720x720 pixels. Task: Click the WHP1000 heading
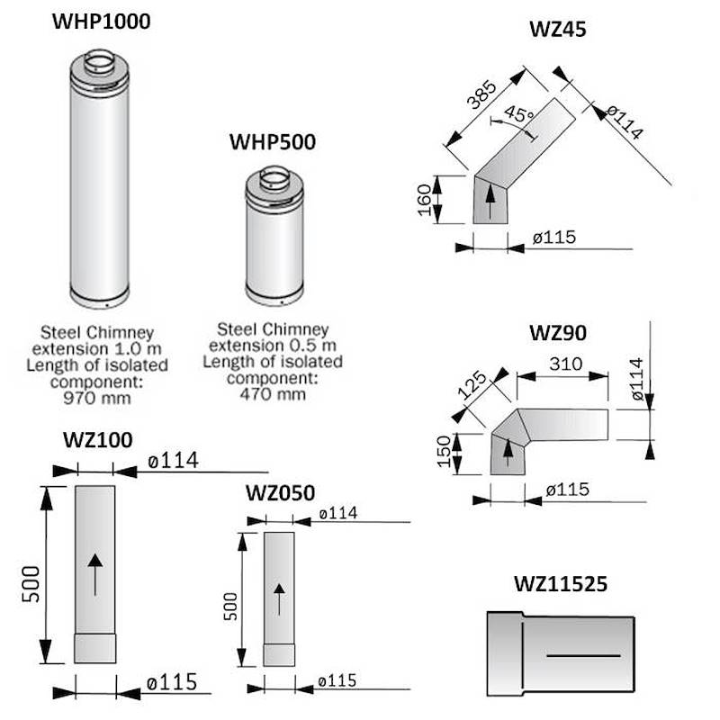[102, 22]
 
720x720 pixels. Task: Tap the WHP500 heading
[273, 142]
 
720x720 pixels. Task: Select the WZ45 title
[558, 29]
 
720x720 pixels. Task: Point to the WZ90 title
[558, 333]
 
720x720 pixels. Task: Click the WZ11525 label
[561, 584]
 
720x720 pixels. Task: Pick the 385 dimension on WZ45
[481, 94]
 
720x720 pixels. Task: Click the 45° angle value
[519, 113]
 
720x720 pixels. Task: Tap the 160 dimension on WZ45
[424, 200]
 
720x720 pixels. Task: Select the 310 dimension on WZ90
[566, 364]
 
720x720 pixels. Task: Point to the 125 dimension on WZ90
[472, 384]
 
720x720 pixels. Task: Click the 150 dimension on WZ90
[444, 452]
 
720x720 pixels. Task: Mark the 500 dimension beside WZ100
[31, 584]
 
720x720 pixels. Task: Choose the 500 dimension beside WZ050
[231, 606]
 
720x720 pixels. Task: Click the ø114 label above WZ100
[173, 460]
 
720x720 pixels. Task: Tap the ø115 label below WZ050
[337, 681]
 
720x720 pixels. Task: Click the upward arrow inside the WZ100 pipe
[95, 575]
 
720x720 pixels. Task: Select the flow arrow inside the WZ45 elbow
[490, 202]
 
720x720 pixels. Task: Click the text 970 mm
[97, 398]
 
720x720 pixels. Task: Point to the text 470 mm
[273, 394]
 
